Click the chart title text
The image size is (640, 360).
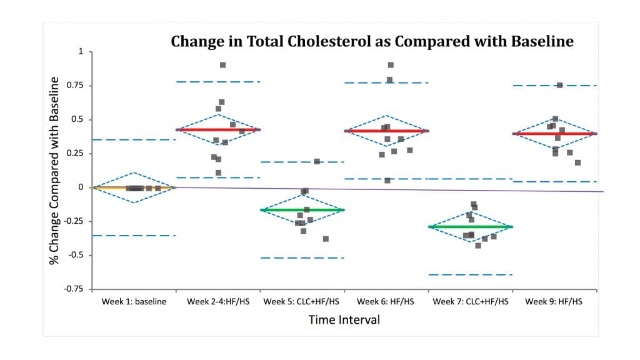(x=372, y=42)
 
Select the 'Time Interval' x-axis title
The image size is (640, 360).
(x=344, y=319)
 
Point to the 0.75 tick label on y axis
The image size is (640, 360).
(x=75, y=86)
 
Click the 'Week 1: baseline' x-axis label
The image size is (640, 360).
(x=134, y=302)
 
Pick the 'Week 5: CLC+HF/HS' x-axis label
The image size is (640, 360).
(x=302, y=302)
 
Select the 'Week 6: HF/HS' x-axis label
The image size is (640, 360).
(x=386, y=302)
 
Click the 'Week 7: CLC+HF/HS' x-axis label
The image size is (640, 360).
(x=470, y=302)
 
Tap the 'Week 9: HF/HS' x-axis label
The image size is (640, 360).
(x=554, y=302)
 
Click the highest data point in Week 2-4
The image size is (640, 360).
(x=222, y=65)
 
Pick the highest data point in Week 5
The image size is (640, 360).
(x=317, y=161)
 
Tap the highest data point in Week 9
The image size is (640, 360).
(x=560, y=85)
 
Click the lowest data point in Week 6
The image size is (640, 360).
(x=387, y=181)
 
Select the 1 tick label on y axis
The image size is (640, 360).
(x=80, y=51)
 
